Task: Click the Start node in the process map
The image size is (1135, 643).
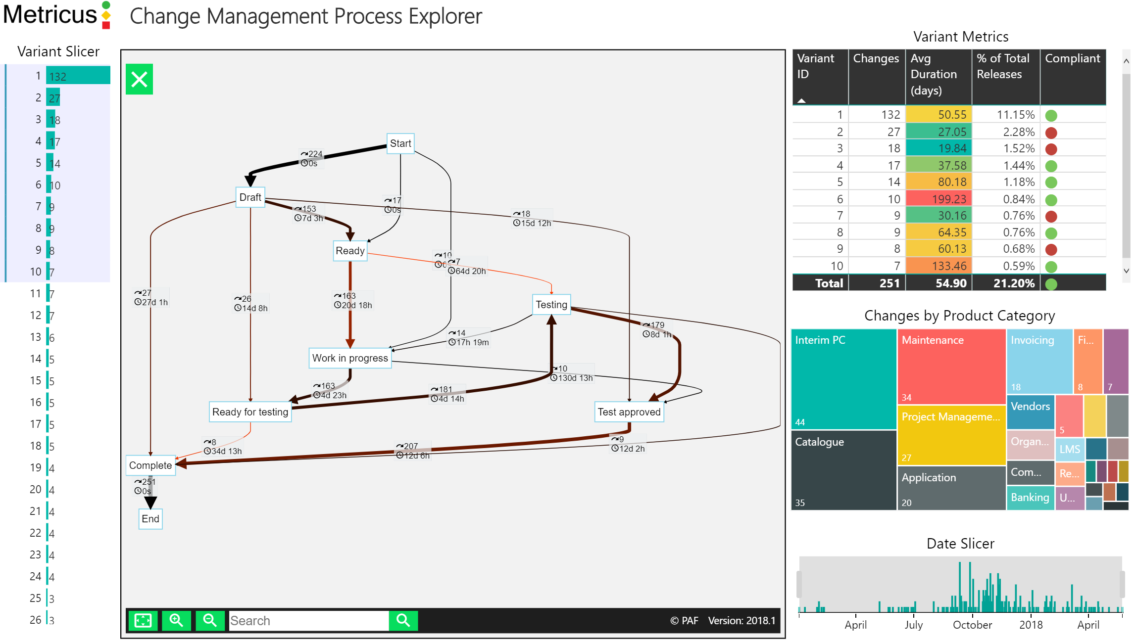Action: pos(400,143)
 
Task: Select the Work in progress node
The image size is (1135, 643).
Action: pos(349,358)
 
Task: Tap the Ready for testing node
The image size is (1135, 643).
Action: pos(250,412)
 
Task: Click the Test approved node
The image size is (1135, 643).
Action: pos(629,412)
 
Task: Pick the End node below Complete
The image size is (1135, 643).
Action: pos(150,519)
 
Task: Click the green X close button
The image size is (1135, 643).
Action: pos(139,79)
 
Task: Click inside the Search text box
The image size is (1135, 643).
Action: pos(308,621)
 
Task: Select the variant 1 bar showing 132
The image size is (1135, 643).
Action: pos(78,76)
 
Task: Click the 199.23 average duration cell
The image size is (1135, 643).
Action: pos(938,199)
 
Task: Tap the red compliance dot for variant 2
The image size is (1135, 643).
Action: pos(1051,133)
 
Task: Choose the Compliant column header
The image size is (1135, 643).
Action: pos(1072,59)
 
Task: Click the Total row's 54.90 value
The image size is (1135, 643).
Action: pos(938,283)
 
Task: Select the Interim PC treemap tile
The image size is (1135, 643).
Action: pos(843,379)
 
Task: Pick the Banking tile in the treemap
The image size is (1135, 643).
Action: pos(1030,498)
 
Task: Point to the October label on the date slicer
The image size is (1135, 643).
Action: pos(972,625)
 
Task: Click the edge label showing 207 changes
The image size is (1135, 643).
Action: pos(410,446)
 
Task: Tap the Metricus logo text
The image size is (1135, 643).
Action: pos(50,14)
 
